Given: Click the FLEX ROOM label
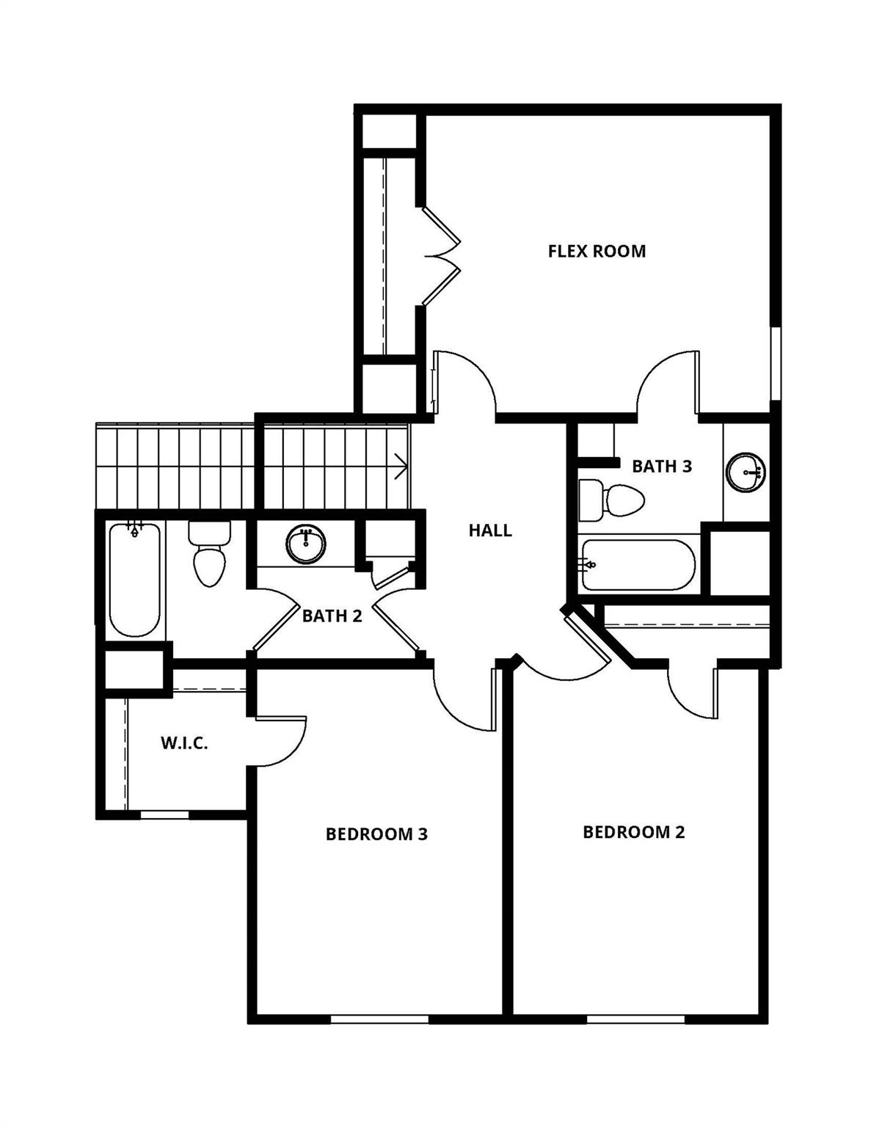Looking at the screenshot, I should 597,251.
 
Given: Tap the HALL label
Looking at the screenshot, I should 490,530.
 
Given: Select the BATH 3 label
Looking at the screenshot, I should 661,467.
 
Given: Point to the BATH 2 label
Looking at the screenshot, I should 332,616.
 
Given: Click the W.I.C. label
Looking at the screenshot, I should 184,743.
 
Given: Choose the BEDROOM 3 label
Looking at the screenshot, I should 376,834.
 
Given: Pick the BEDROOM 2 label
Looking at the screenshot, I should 633,832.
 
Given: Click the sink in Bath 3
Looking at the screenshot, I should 746,470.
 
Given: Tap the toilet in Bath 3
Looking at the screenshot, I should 611,500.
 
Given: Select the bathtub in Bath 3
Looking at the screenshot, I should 637,565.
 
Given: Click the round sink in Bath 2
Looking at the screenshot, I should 306,544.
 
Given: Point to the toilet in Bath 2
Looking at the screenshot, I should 209,554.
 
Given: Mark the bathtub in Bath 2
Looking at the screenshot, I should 134,579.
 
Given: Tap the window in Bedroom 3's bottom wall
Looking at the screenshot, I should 379,1018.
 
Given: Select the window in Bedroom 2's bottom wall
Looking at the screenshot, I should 635,1018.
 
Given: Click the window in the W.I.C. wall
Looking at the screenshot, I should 164,814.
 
